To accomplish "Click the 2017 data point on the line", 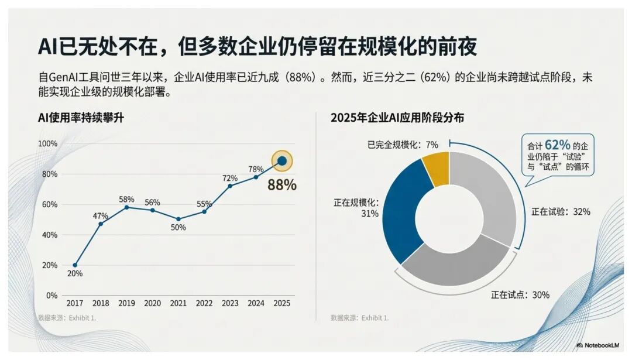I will pos(75,265).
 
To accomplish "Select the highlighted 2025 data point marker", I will pos(282,160).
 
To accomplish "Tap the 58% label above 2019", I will pos(126,199).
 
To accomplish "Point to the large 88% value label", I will pos(281,185).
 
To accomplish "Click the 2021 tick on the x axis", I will pos(178,303).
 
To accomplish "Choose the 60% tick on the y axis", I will pos(47,204).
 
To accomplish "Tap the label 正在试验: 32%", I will pos(561,212).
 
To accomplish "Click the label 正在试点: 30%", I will pos(520,295).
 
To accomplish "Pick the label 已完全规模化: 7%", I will pos(403,144).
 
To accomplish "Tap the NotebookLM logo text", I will pos(600,345).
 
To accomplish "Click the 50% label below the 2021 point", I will pos(178,227).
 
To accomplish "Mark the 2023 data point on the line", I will pos(229,186).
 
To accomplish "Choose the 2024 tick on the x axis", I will pos(256,303).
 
